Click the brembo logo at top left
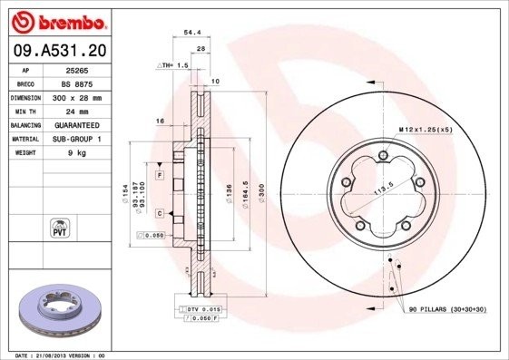pyautogui.click(x=57, y=20)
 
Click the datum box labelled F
pyautogui.click(x=159, y=173)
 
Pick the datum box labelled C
pyautogui.click(x=159, y=213)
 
